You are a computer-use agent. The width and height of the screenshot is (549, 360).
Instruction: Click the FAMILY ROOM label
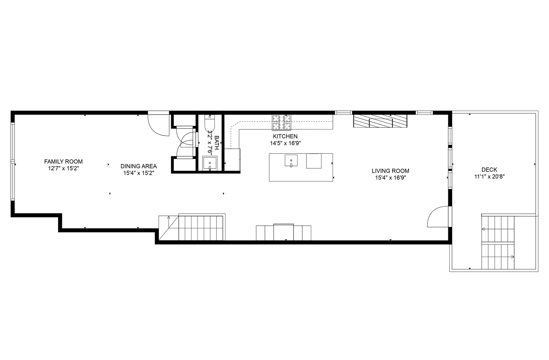[63, 162]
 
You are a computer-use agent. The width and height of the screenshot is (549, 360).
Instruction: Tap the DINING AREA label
[138, 166]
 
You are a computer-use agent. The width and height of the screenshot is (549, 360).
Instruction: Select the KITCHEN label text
[285, 136]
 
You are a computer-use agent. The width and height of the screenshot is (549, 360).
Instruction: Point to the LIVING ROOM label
[390, 171]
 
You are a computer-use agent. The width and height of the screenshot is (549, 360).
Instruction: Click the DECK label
[489, 170]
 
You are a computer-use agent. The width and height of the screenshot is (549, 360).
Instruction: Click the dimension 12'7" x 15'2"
[63, 169]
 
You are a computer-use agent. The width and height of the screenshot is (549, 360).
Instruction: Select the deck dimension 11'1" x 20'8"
[489, 177]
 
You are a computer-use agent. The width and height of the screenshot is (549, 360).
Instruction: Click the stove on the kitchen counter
[282, 122]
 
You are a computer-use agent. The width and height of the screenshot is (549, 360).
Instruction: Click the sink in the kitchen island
[291, 160]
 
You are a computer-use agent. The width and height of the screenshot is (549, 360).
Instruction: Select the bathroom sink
[210, 163]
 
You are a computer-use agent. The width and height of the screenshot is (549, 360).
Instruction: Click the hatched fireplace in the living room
[380, 121]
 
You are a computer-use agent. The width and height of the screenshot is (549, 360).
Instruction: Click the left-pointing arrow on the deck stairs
[483, 229]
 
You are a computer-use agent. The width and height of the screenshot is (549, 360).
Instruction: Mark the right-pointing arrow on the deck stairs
[513, 257]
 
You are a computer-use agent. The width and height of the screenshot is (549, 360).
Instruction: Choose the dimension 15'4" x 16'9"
[390, 178]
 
